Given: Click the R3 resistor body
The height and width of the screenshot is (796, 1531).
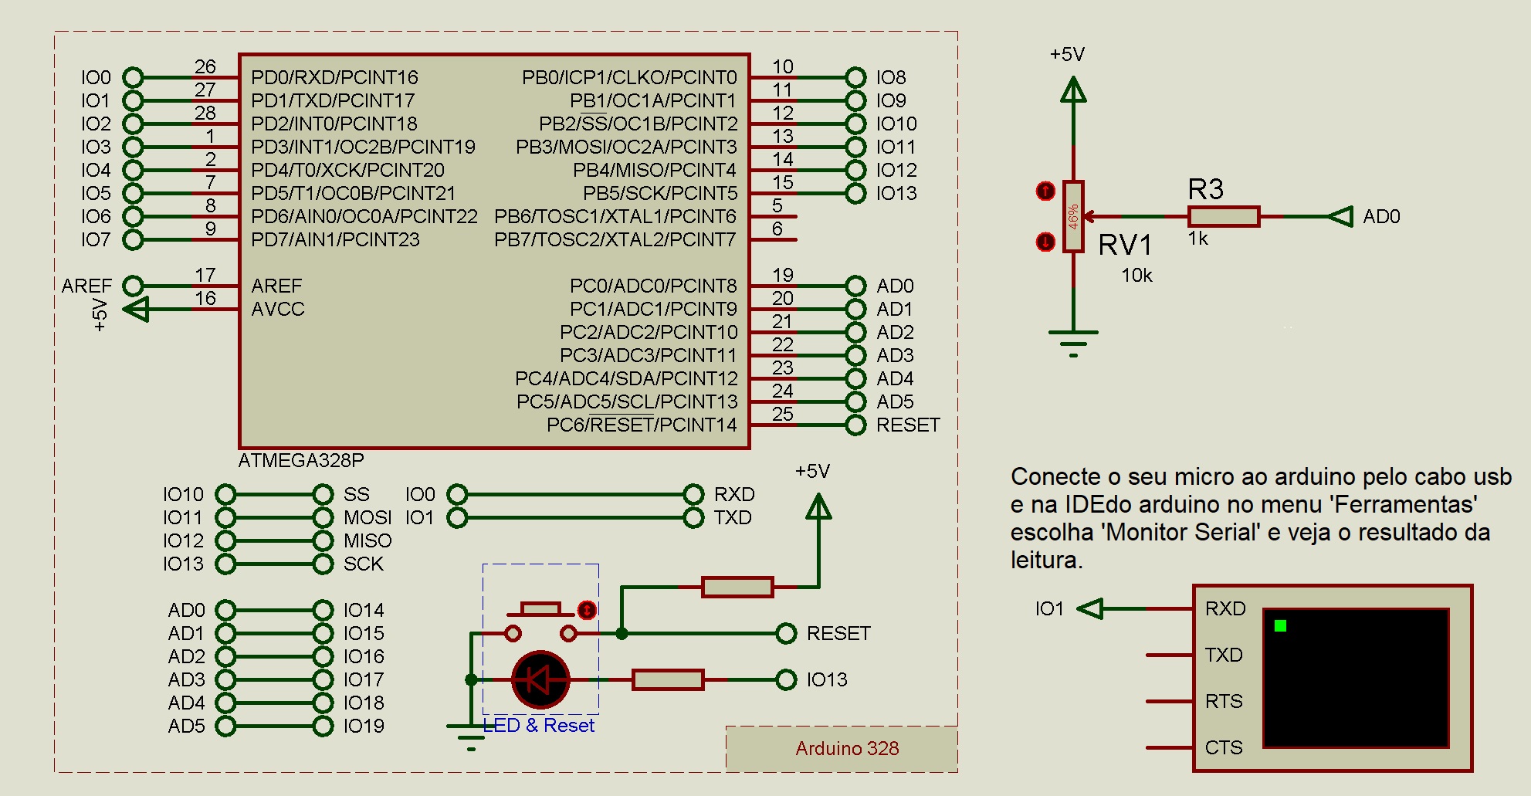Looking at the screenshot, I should pyautogui.click(x=1223, y=216).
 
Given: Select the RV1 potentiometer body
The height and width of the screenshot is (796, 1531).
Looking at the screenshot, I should pyautogui.click(x=1073, y=216).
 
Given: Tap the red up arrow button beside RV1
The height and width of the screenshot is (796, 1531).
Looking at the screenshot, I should pyautogui.click(x=1045, y=191).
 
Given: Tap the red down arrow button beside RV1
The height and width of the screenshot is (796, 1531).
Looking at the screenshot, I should pyautogui.click(x=1045, y=242).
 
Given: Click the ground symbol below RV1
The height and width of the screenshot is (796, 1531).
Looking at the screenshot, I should pyautogui.click(x=1073, y=340).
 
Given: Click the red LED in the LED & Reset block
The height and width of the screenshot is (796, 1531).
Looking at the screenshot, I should pyautogui.click(x=540, y=679).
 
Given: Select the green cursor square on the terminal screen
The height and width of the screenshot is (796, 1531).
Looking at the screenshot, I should pyautogui.click(x=1280, y=625).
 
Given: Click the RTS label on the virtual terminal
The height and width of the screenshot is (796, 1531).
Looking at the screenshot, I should pyautogui.click(x=1224, y=701).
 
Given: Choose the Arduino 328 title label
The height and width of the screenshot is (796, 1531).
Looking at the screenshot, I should pyautogui.click(x=847, y=748).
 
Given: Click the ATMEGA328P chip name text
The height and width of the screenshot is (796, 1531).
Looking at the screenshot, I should pyautogui.click(x=300, y=460).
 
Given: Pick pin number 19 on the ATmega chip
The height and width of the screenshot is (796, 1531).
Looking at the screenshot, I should pyautogui.click(x=782, y=275).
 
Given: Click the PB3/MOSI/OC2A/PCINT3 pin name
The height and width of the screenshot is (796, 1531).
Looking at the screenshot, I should pyautogui.click(x=626, y=147).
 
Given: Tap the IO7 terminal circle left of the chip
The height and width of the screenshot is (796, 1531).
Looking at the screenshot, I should pyautogui.click(x=133, y=239).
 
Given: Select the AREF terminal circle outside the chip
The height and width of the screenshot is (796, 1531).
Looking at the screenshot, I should pyautogui.click(x=133, y=286).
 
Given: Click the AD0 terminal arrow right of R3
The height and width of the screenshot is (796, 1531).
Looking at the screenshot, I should pyautogui.click(x=1341, y=216).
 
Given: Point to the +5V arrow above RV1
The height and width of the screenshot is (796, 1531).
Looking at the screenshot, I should pyautogui.click(x=1073, y=91).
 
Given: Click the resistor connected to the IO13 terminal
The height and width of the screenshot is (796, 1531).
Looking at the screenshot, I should pyautogui.click(x=668, y=679).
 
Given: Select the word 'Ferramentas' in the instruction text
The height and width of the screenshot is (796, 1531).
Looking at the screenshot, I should pyautogui.click(x=1405, y=504).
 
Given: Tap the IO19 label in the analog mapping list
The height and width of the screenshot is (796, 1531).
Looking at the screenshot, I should pyautogui.click(x=364, y=726).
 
